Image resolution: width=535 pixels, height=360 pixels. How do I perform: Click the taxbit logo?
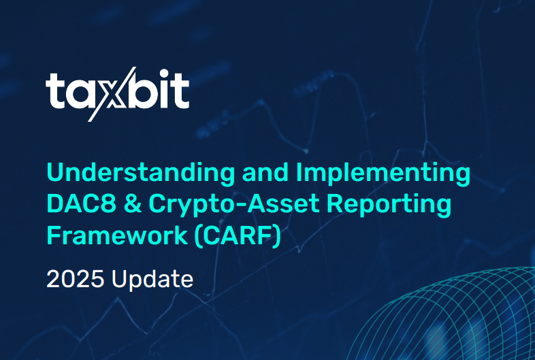(x=117, y=93)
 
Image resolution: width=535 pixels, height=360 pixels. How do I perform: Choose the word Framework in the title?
(x=115, y=236)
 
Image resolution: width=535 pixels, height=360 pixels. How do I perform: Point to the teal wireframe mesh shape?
(x=470, y=320)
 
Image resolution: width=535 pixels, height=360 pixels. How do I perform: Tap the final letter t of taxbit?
(x=181, y=91)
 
